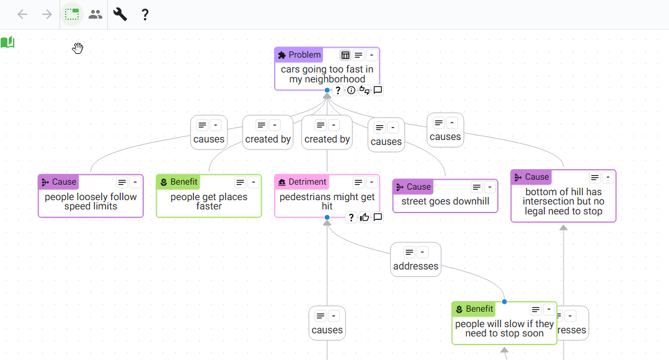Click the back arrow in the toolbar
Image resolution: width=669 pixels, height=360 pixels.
point(22,14)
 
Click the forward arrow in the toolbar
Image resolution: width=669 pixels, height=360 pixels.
point(47,14)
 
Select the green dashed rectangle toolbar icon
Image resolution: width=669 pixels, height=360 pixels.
point(72,14)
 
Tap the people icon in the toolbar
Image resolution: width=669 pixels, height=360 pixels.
point(95,14)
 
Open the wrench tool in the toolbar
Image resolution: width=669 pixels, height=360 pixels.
point(120,14)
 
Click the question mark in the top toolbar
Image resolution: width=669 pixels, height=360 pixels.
point(145,14)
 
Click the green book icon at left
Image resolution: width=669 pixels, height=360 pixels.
point(7,42)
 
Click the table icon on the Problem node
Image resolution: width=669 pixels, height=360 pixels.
point(345,55)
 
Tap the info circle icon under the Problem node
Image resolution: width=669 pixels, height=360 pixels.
point(351,90)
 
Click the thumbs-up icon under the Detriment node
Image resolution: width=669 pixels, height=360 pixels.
point(365,217)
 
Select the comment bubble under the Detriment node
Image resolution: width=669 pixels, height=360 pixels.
point(378,217)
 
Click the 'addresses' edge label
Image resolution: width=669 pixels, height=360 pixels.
point(415,266)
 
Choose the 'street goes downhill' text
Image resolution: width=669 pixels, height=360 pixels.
point(445,201)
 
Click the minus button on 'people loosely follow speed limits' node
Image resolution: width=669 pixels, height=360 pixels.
point(135,182)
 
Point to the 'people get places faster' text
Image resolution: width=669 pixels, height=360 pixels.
point(209,201)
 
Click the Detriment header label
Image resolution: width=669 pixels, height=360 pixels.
point(307,182)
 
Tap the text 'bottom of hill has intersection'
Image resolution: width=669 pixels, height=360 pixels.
point(563,196)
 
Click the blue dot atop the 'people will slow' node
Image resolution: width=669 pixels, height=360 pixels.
point(504,302)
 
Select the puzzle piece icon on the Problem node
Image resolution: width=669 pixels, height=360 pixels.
point(281,55)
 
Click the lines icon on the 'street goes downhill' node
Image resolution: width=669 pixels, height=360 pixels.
point(477,187)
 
